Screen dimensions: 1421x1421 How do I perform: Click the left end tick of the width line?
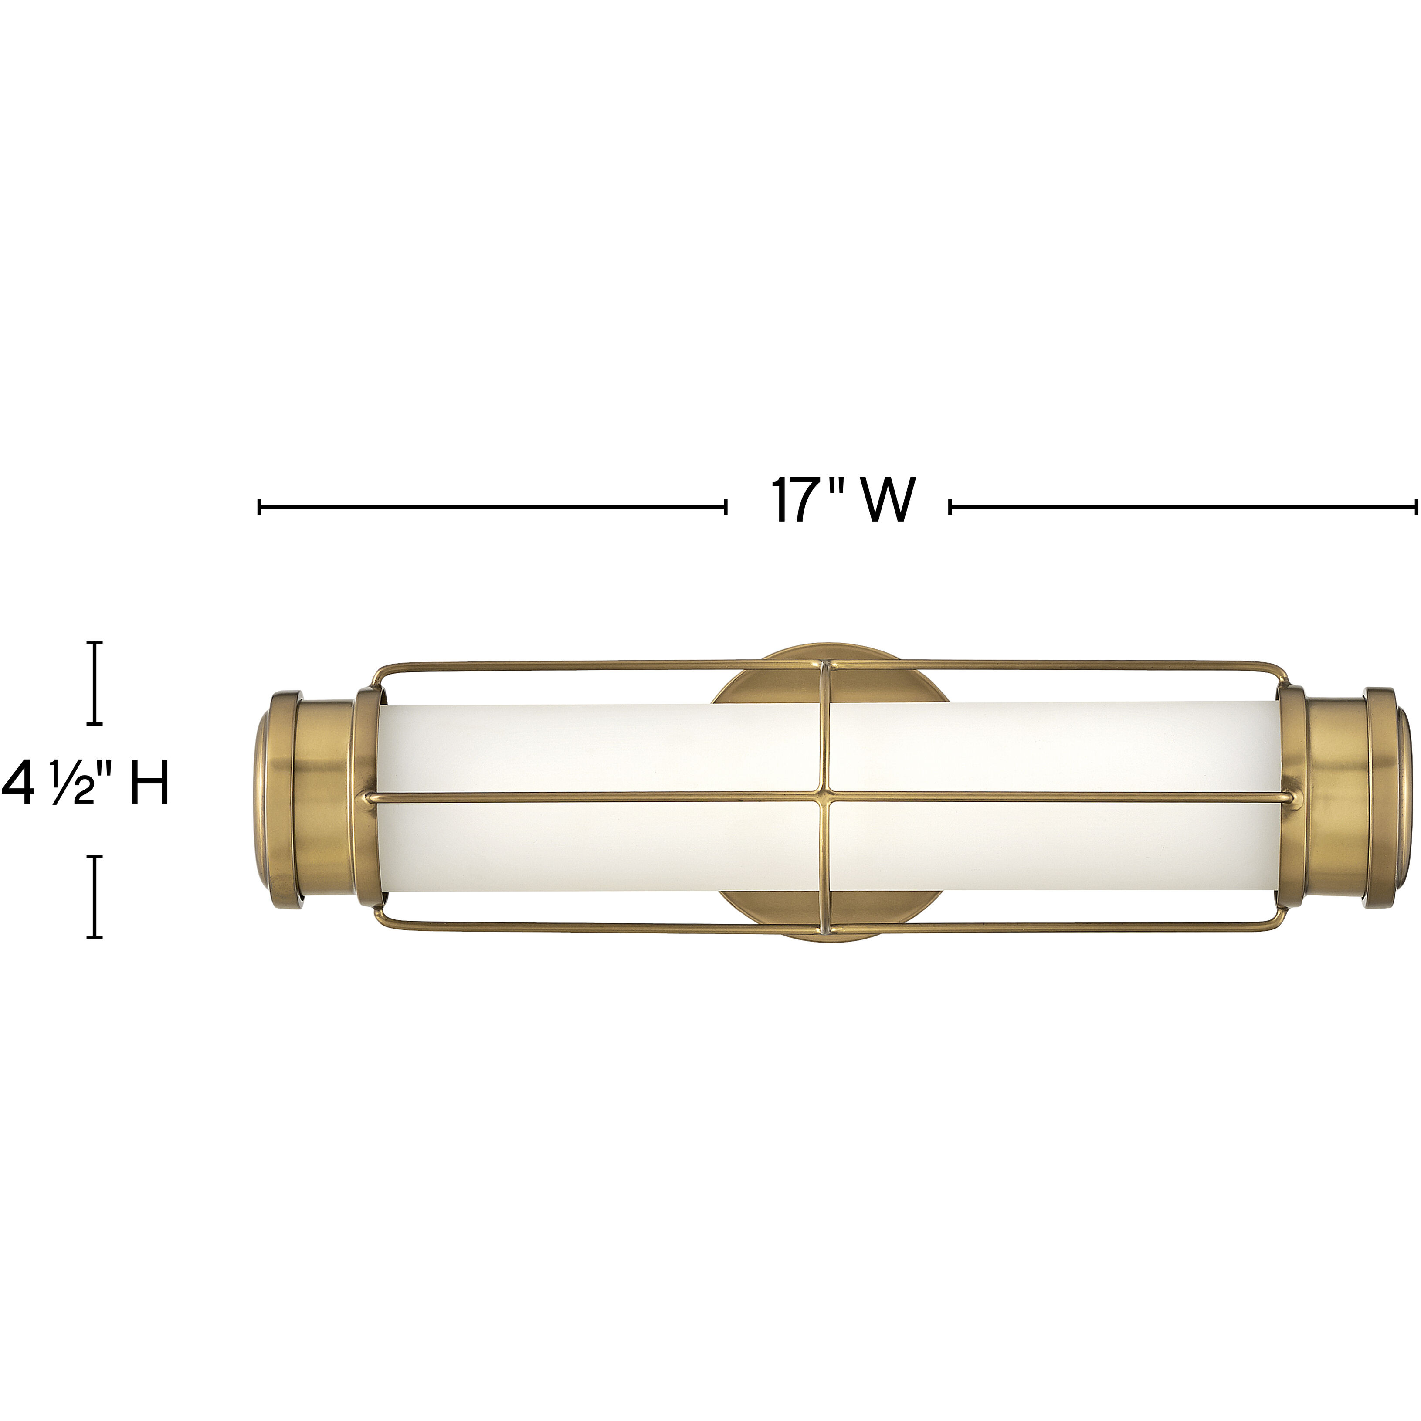point(260,506)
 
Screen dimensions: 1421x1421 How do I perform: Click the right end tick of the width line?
point(1416,506)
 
